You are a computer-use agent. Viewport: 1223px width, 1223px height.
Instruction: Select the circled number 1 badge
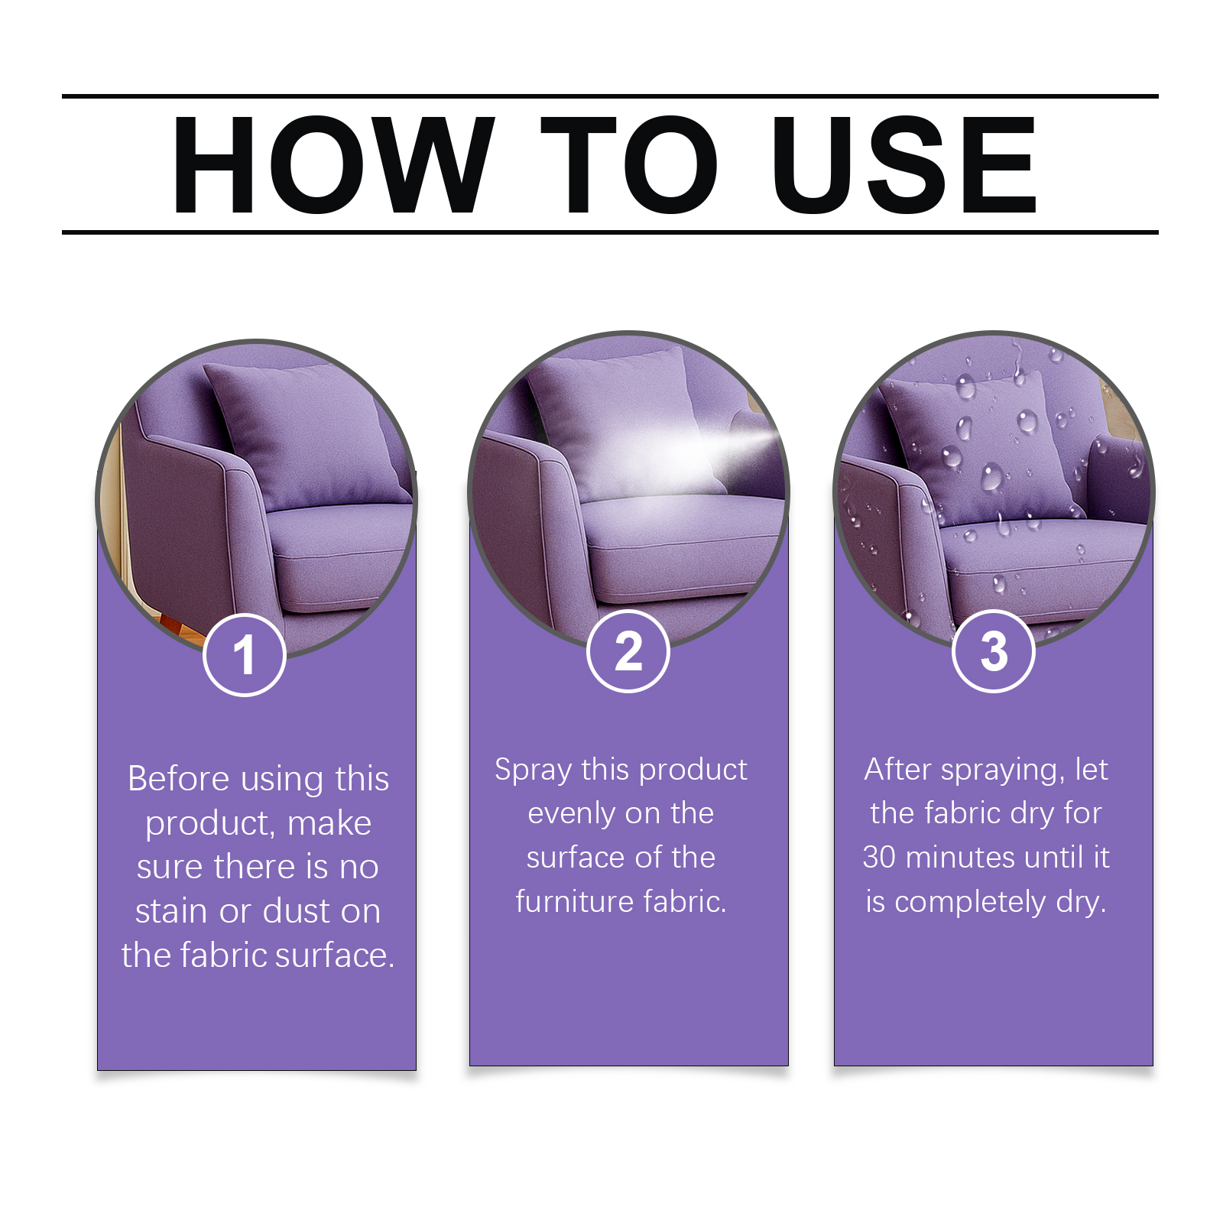click(x=245, y=655)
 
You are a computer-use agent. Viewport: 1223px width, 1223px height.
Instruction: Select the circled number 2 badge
click(x=628, y=651)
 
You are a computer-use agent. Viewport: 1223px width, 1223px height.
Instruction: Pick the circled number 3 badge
click(x=994, y=651)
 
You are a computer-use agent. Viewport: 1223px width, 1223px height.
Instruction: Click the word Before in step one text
click(x=178, y=779)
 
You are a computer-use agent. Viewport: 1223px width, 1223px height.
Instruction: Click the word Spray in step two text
click(x=533, y=770)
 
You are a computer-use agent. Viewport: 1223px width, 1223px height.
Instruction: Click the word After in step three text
click(x=897, y=770)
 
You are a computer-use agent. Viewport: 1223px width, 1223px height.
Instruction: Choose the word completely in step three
click(x=969, y=902)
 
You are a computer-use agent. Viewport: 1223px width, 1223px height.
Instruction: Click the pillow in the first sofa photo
click(x=306, y=436)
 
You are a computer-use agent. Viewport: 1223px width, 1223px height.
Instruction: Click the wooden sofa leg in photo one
click(x=177, y=622)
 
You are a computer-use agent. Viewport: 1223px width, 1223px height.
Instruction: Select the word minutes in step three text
click(x=960, y=858)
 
